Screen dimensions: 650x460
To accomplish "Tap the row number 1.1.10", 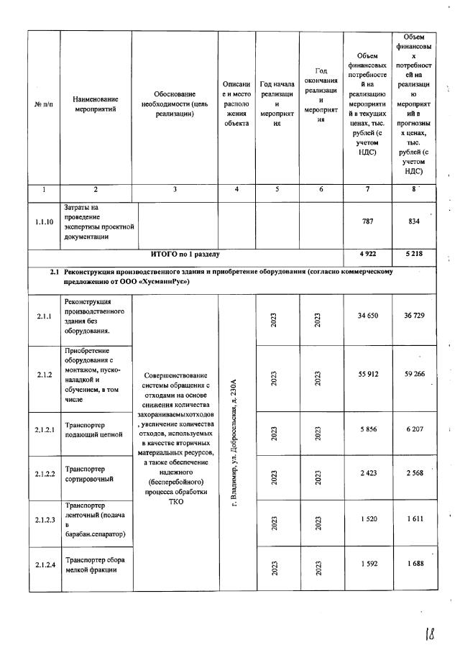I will click(x=45, y=222).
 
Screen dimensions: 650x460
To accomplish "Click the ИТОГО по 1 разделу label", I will click(x=185, y=254).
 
